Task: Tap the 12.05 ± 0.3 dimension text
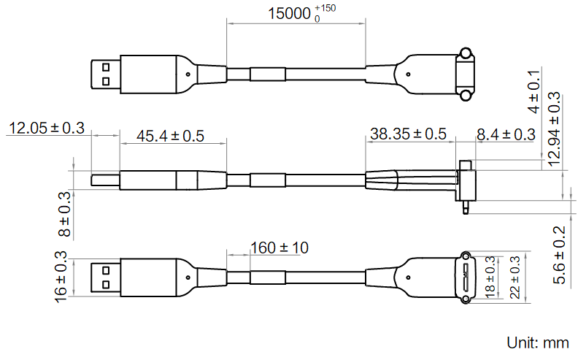tap(45, 129)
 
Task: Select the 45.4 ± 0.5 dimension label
tap(170, 136)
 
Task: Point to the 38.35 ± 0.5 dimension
tap(408, 134)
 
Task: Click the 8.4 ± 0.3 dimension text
tap(505, 134)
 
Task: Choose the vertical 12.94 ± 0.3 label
tap(554, 128)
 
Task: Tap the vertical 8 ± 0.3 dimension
tap(64, 214)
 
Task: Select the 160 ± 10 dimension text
tap(279, 248)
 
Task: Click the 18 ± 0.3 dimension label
tap(490, 277)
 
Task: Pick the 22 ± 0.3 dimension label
tap(515, 277)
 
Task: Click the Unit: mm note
tap(538, 342)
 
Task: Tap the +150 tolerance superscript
tap(325, 8)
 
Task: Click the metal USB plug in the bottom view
tap(103, 277)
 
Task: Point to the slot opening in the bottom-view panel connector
tap(465, 277)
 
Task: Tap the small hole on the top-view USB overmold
tap(189, 74)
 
